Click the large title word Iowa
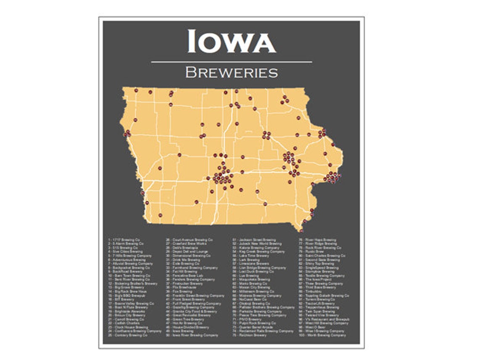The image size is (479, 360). pos(231,41)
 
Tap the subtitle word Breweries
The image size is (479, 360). pos(231,72)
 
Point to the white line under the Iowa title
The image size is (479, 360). pos(231,62)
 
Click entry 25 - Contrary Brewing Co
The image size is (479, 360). pos(127,335)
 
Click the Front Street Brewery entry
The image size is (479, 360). pos(185,300)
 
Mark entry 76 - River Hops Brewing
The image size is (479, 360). pos(317,240)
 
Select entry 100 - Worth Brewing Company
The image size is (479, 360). pos(322,335)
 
